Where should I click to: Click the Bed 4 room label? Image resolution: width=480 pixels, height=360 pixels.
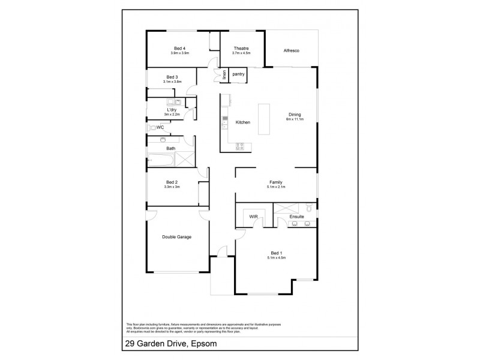(x=179, y=48)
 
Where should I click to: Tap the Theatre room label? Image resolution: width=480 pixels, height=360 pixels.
(x=241, y=48)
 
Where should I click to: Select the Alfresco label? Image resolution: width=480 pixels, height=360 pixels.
(x=292, y=51)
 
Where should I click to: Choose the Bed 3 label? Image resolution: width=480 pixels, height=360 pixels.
(x=172, y=77)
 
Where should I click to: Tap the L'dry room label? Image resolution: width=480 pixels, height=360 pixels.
(x=172, y=110)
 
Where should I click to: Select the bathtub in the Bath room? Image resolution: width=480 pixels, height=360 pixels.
(x=161, y=160)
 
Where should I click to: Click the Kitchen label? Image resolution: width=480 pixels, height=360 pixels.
(x=242, y=122)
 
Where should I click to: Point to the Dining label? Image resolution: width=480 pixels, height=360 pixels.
(x=295, y=115)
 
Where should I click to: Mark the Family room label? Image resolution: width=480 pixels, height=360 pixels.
(x=276, y=182)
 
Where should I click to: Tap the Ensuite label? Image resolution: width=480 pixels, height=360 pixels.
(x=296, y=216)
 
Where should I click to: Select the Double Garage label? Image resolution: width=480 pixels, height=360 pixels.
(x=176, y=238)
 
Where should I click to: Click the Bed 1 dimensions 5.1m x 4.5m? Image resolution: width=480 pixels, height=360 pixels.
(x=276, y=258)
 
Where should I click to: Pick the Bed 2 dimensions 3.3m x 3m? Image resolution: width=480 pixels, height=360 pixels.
(x=172, y=187)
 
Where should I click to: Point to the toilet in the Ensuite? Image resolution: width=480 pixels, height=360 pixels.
(x=307, y=208)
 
